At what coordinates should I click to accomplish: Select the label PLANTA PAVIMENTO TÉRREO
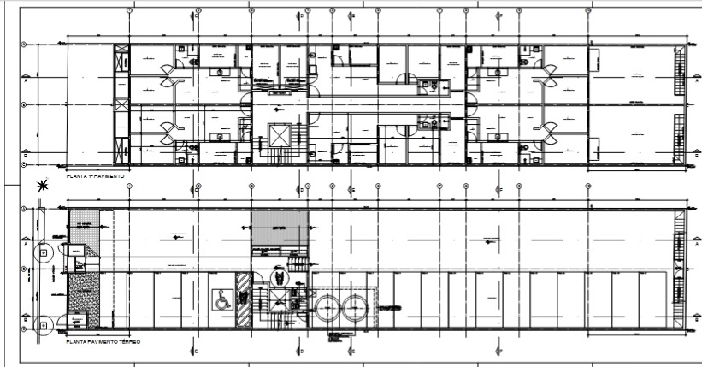[x=103, y=340]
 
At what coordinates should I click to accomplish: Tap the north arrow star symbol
[x=42, y=186]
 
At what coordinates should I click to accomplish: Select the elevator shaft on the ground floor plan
[x=280, y=299]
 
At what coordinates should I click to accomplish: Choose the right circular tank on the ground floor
[x=355, y=309]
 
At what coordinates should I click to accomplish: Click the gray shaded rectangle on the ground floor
[x=278, y=228]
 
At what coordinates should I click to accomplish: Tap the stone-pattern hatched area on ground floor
[x=84, y=293]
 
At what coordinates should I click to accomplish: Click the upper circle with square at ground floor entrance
[x=44, y=253]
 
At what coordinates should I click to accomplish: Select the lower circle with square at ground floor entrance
[x=44, y=323]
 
